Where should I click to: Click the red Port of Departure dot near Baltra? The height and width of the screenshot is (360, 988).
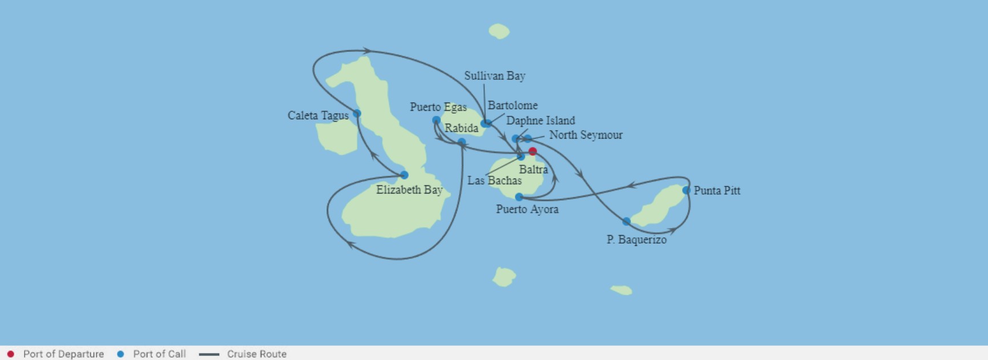(533, 151)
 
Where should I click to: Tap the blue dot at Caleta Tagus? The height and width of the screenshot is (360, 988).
(357, 114)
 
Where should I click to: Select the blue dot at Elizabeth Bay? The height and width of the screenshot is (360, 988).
(404, 175)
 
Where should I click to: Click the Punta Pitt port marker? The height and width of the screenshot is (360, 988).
(686, 190)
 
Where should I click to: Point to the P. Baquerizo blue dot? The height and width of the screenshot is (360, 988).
(626, 221)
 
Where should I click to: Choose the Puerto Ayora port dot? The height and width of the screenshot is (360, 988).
(519, 197)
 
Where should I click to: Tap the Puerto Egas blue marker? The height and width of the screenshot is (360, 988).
(436, 120)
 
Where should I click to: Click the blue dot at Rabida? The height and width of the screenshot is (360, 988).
(462, 141)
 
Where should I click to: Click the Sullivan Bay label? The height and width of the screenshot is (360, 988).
(494, 76)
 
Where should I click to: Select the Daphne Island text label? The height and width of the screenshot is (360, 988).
(541, 120)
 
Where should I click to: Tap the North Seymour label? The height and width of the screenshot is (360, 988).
(586, 135)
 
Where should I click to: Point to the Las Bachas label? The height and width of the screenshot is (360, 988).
(494, 180)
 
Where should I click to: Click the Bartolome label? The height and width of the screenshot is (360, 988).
(513, 106)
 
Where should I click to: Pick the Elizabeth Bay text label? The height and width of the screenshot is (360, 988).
(409, 190)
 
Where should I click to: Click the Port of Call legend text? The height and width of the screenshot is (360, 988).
(159, 354)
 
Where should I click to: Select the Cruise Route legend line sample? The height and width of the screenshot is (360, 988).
(209, 354)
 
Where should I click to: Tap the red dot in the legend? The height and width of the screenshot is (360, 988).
(10, 354)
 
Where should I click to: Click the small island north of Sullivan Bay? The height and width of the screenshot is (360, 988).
(499, 31)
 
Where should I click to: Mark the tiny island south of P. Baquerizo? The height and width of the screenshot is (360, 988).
(622, 290)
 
